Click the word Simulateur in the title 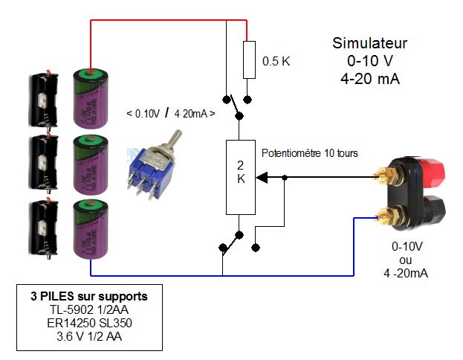point(369,43)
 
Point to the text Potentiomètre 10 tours point(310,153)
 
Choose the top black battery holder point(42,96)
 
